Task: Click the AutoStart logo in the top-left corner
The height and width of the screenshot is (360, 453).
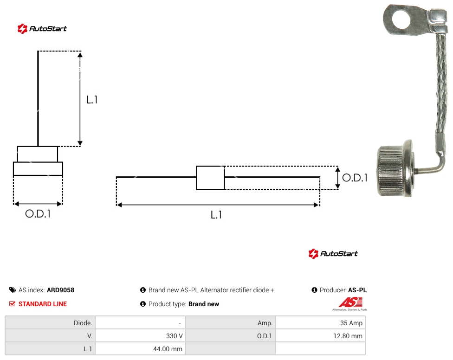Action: click(42, 29)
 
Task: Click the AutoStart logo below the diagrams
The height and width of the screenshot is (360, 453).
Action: click(333, 253)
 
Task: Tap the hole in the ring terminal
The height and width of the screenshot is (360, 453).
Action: click(401, 19)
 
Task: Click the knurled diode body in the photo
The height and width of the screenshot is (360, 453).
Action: click(395, 172)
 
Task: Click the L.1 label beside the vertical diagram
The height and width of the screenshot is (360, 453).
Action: click(92, 100)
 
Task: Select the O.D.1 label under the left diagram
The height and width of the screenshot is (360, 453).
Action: click(38, 214)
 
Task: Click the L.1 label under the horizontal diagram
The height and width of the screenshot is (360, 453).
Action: click(216, 215)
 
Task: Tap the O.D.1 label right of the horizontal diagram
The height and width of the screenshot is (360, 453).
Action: click(355, 178)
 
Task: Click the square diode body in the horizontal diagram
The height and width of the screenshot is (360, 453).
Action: click(210, 178)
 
